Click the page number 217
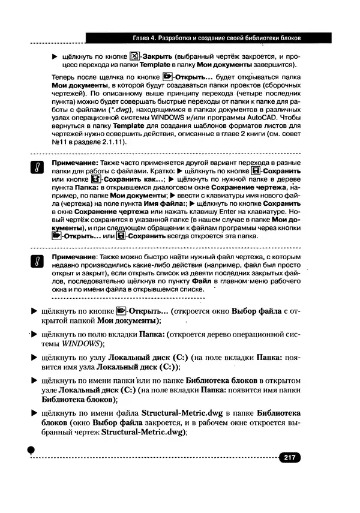[x=289, y=458]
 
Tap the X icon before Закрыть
[x=134, y=57]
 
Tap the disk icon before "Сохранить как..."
[x=93, y=179]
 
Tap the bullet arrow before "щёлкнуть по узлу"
[x=34, y=357]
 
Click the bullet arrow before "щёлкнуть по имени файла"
[x=34, y=413]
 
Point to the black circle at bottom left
[x=32, y=451]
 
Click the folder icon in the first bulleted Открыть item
[x=121, y=311]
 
